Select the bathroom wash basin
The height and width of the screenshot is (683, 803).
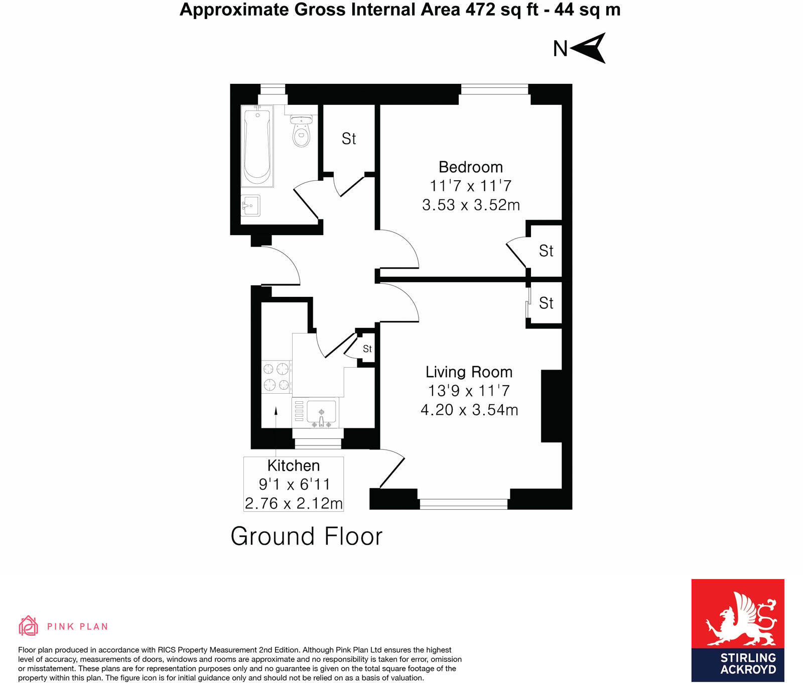pos(250,205)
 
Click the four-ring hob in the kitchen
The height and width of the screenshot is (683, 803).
pos(277,377)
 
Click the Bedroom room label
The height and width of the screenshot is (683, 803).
pos(470,167)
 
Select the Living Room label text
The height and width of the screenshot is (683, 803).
pos(469,372)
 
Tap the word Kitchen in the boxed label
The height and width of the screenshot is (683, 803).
pos(293,466)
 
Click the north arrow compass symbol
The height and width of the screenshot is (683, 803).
pos(588,48)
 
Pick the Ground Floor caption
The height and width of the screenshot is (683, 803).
pos(306,536)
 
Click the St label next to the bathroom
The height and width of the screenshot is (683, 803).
pos(348,139)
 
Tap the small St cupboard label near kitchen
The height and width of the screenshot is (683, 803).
pos(367,349)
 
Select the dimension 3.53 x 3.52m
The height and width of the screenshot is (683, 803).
pos(470,205)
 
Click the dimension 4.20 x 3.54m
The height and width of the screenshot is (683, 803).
pos(469,410)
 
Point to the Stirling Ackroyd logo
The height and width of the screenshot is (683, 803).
pos(737,630)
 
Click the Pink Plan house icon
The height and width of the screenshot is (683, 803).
pos(29,626)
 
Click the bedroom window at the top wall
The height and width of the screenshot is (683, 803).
pos(494,89)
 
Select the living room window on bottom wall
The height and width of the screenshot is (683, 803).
pos(463,504)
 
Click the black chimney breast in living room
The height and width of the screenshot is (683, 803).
pos(551,406)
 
